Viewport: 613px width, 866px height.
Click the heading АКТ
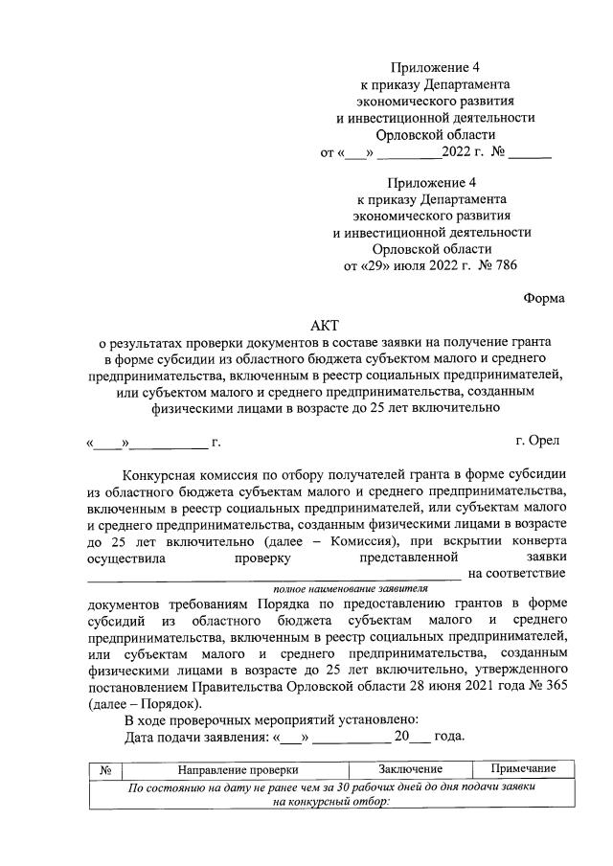point(324,327)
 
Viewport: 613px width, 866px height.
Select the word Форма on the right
point(544,298)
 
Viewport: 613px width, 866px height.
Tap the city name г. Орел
point(538,442)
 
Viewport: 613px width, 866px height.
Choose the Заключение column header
point(409,769)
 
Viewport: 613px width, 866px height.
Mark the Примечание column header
point(524,769)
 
